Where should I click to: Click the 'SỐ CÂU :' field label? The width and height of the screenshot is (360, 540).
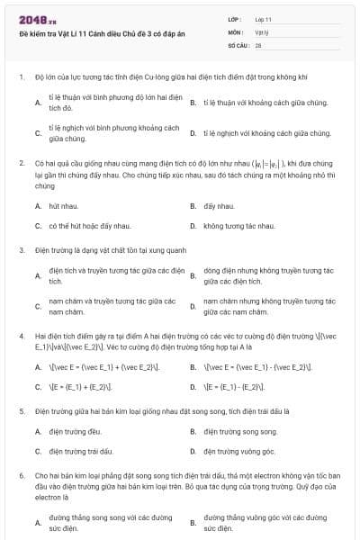click(238, 43)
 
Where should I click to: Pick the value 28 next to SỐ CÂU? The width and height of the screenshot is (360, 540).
click(258, 43)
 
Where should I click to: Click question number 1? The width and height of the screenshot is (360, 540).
click(21, 78)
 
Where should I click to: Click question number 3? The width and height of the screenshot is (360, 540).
click(21, 248)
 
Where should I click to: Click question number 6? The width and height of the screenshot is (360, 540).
click(21, 473)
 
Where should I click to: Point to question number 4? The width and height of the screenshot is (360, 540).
click(21, 334)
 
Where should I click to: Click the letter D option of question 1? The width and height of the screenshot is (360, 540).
click(193, 133)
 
